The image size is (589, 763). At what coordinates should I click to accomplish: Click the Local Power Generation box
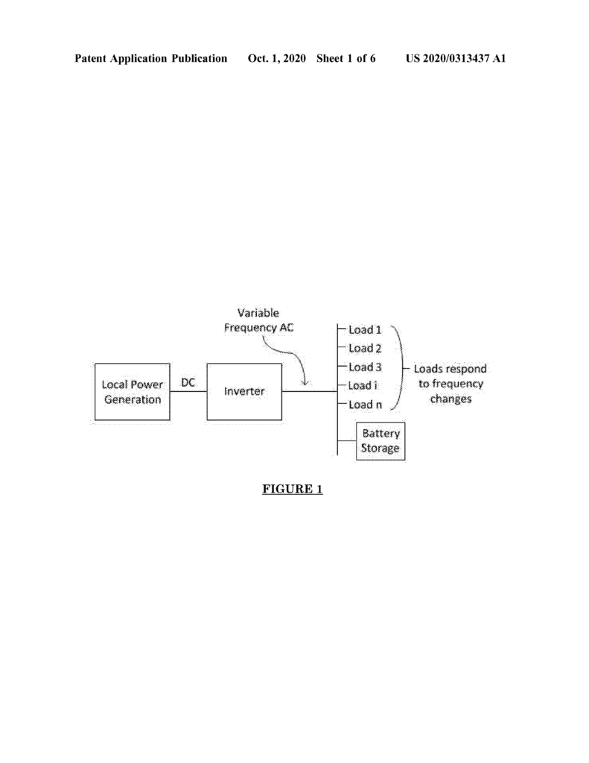[133, 391]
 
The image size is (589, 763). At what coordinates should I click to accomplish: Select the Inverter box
[244, 391]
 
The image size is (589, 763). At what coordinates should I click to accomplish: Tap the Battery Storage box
[381, 441]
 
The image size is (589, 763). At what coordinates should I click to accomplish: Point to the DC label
[188, 382]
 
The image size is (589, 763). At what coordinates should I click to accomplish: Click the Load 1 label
[365, 329]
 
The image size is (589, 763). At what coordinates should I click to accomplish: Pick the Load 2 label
[365, 348]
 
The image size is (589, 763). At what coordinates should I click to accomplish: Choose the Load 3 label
[365, 367]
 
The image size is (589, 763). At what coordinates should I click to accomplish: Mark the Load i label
[363, 385]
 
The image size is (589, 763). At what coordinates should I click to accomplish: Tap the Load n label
[365, 405]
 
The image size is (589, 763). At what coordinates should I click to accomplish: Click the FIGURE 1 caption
[293, 489]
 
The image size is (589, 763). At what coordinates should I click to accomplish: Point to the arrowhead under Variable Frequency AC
[305, 383]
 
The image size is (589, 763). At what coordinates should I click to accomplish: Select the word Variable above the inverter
[258, 313]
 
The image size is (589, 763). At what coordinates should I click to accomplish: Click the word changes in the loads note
[450, 399]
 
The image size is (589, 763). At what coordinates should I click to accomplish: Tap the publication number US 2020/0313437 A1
[456, 58]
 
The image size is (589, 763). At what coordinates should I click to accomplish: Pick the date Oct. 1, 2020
[277, 58]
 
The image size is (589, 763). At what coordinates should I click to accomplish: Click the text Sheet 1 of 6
[346, 58]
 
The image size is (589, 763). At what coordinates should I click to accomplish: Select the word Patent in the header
[90, 58]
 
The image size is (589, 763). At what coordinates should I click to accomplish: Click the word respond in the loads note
[466, 370]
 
